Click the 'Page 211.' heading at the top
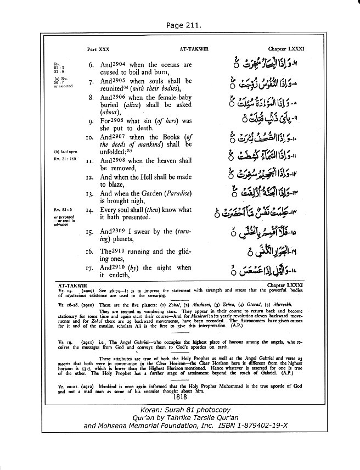pos(179,25)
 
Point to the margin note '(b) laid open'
pos(64,150)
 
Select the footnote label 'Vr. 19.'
pos(65,340)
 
